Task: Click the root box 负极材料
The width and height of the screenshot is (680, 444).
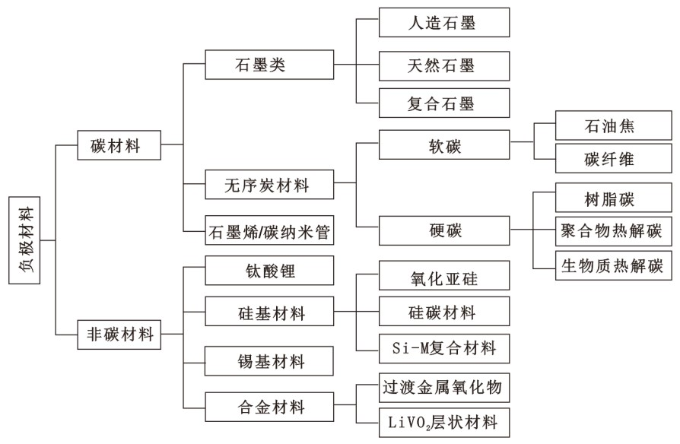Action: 24,240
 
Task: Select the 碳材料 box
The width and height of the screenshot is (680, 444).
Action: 119,144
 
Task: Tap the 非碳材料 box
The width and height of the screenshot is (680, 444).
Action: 119,335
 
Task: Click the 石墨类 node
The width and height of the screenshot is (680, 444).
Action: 269,65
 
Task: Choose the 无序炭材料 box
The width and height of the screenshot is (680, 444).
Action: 269,184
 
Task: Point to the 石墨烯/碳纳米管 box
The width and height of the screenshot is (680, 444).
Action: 269,230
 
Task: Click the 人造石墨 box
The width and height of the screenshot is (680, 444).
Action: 444,22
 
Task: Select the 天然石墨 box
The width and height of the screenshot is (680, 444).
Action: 444,66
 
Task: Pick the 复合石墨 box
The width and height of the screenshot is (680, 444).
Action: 444,103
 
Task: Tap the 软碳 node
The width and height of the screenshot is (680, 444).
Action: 444,144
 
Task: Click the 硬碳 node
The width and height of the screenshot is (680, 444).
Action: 444,230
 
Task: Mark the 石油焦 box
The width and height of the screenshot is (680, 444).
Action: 614,125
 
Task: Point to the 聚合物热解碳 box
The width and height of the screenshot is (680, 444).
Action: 614,230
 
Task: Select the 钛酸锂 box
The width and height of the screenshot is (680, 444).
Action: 269,270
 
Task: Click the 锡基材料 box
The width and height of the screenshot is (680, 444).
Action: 269,360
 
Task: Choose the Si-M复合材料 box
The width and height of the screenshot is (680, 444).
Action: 444,349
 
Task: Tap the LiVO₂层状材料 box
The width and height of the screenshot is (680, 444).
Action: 444,422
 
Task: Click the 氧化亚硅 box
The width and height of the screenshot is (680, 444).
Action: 444,275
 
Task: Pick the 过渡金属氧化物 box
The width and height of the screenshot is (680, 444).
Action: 444,388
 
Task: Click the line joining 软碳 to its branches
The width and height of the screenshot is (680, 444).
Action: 522,141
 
